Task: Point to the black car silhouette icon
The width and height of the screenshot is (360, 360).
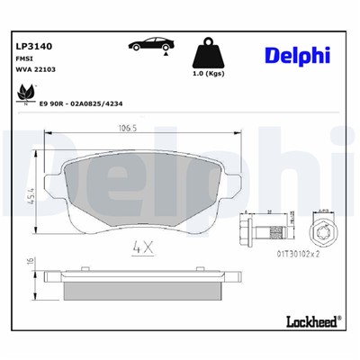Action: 150,44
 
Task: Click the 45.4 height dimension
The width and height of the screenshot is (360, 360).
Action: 30,192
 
